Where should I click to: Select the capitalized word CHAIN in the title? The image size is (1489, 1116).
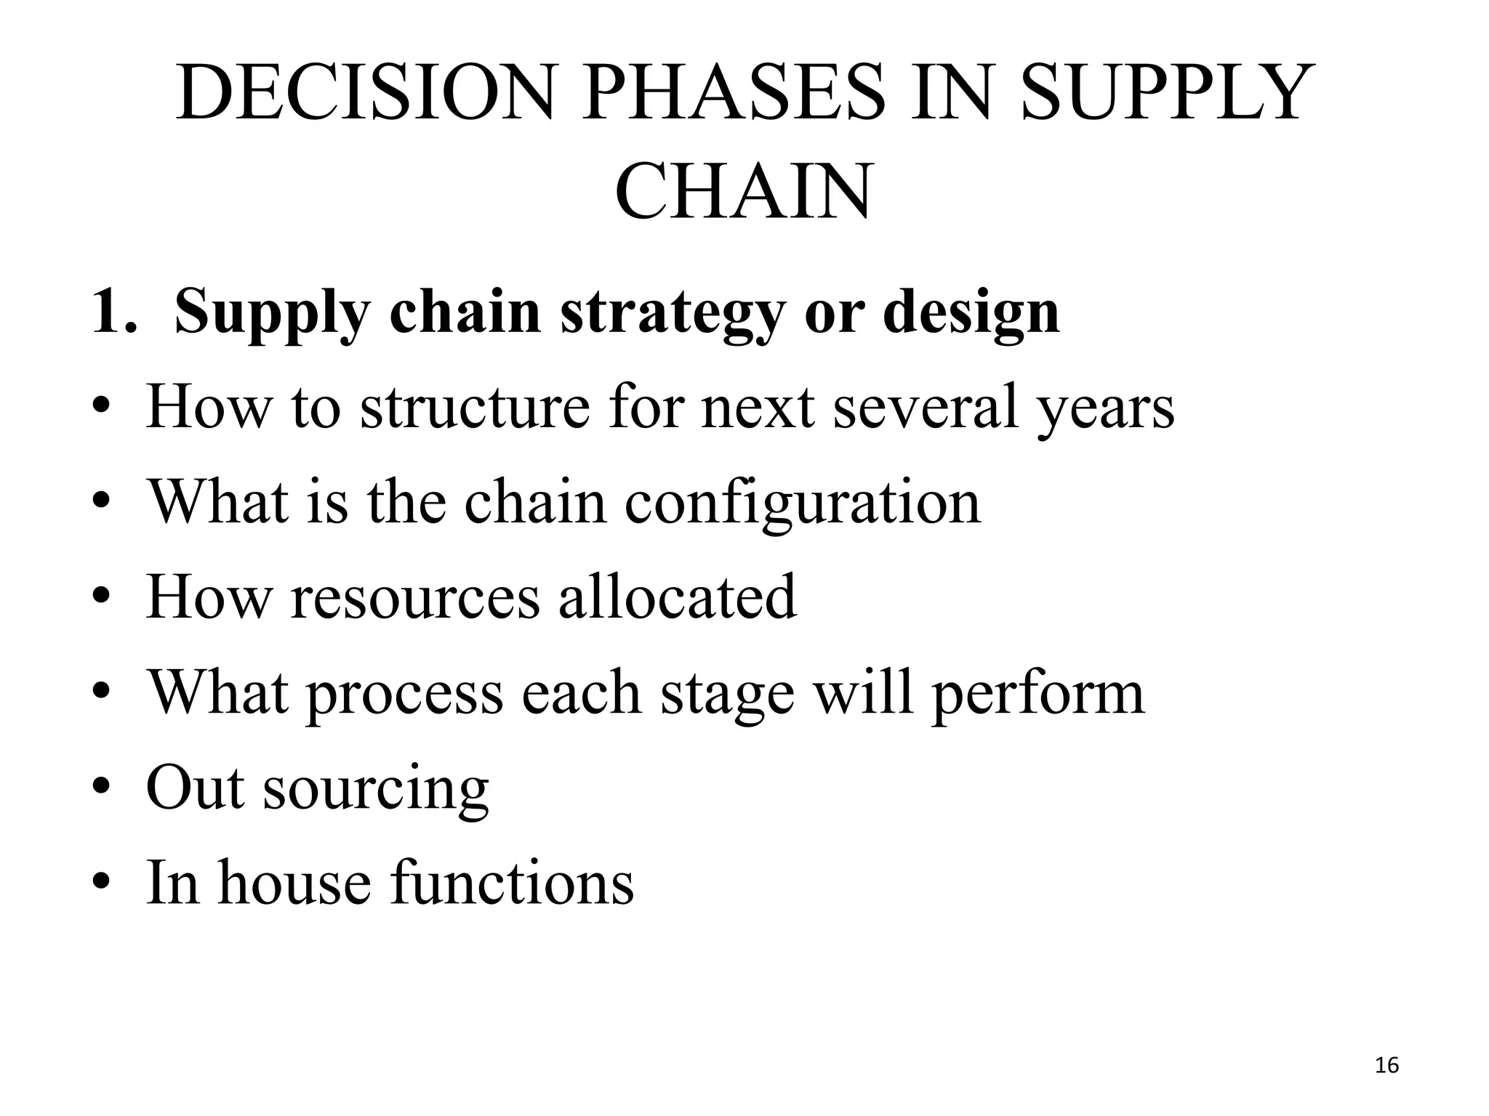tap(743, 193)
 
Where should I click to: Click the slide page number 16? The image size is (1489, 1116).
tap(1387, 1066)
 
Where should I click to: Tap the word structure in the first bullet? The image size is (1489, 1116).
tap(475, 407)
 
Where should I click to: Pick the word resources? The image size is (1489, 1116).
tap(415, 597)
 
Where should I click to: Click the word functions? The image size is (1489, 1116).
tap(512, 882)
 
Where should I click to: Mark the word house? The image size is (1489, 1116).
tap(294, 882)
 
